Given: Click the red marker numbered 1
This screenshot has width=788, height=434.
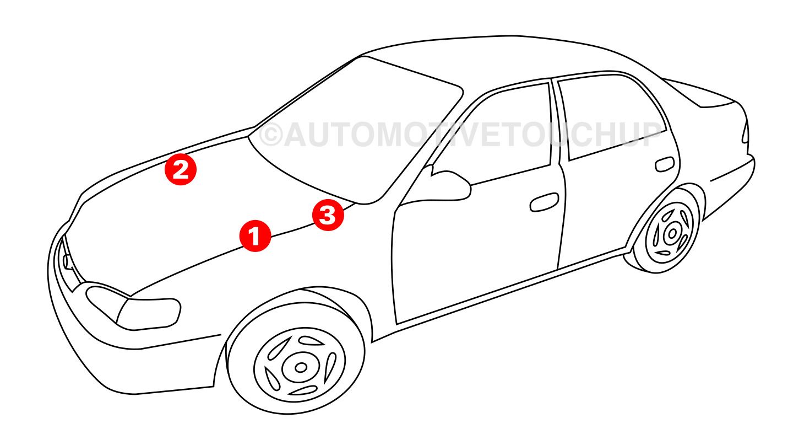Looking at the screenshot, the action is point(255,235).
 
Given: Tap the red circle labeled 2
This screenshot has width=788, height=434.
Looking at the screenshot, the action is point(181,169).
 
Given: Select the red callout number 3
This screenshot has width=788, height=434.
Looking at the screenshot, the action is point(328,215).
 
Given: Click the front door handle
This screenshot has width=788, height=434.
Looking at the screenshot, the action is point(544,202).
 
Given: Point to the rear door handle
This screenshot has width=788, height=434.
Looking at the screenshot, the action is point(665,164).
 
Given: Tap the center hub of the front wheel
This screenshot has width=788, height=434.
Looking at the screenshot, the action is point(301,368).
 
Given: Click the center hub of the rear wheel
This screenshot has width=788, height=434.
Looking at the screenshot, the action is point(672,233).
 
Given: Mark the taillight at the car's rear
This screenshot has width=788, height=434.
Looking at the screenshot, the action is point(745,132).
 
